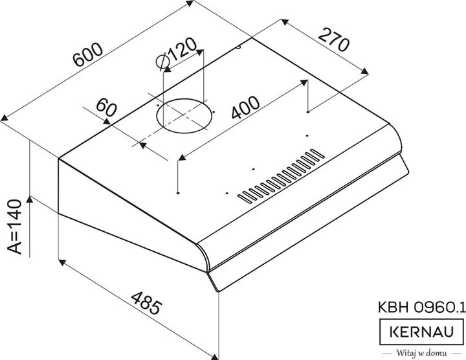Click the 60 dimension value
coord(105,109)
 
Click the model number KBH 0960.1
coord(420,308)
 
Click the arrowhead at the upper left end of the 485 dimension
coord(61,261)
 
